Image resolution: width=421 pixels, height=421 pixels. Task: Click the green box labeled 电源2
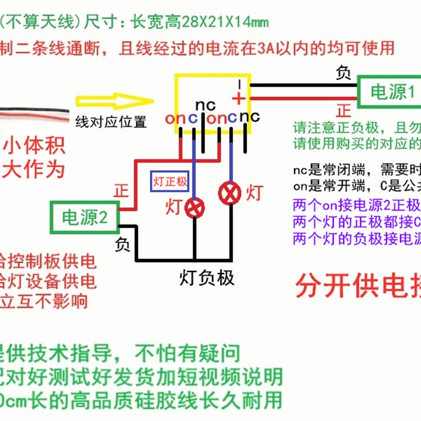click(x=84, y=217)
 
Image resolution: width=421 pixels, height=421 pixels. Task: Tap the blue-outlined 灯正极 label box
click(x=169, y=182)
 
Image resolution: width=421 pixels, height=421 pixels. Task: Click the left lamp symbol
click(x=196, y=207)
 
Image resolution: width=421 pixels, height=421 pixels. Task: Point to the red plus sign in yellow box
click(x=238, y=98)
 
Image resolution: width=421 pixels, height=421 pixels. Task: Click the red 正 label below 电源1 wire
click(x=344, y=111)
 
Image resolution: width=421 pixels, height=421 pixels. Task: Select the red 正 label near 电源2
click(x=121, y=191)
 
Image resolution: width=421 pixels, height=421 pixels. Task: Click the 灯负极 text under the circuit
click(x=207, y=277)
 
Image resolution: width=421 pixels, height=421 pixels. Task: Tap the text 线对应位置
click(x=111, y=122)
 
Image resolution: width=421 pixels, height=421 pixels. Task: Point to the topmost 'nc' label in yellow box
click(x=206, y=105)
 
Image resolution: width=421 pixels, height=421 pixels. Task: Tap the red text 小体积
click(x=35, y=145)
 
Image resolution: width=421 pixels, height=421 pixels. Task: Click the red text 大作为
click(x=35, y=169)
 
